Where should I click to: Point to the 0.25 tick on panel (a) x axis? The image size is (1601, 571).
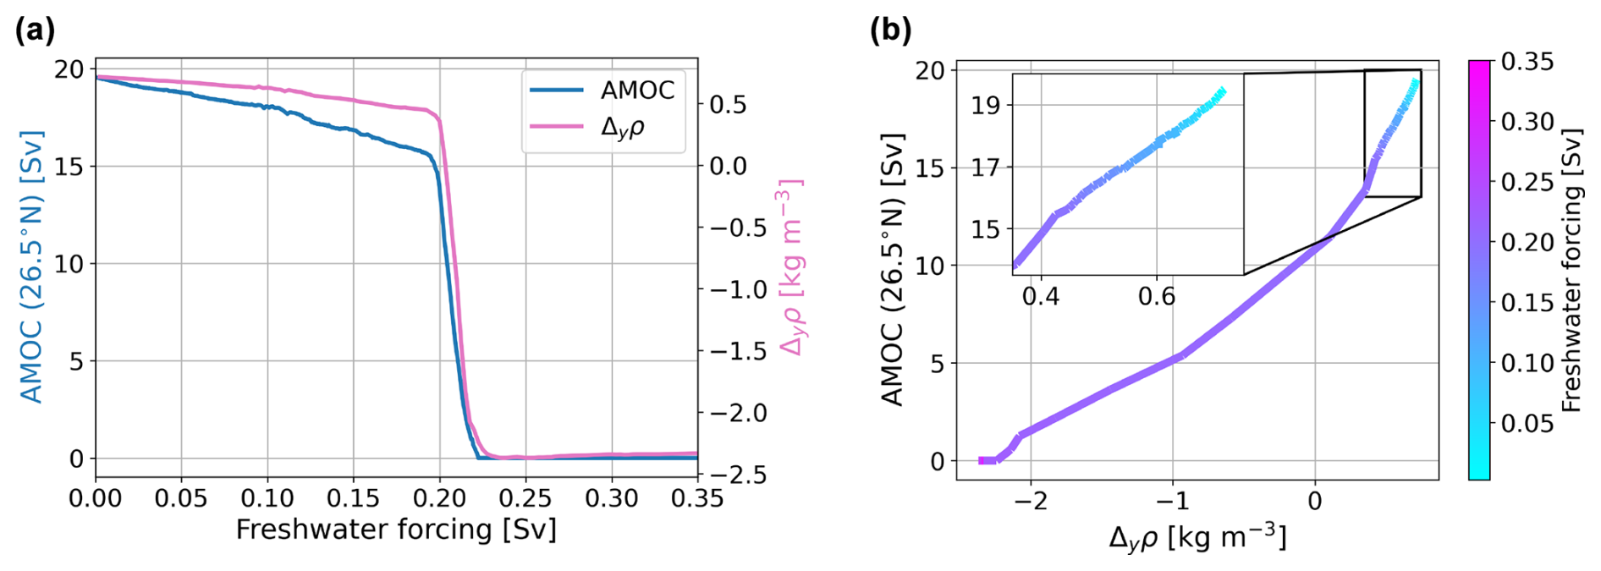point(525,499)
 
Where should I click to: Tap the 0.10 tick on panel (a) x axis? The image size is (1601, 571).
point(267,499)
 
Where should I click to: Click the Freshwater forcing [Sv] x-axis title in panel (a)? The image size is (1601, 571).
point(396,530)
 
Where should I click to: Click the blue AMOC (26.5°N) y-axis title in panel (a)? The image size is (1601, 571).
point(31,266)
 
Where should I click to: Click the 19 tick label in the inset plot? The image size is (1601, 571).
point(985,106)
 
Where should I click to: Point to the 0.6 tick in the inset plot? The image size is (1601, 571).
point(1156,298)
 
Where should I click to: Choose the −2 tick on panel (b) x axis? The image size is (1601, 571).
point(1031,502)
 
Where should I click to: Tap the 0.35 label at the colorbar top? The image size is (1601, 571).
point(1527,62)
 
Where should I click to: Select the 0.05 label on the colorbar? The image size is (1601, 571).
point(1527,423)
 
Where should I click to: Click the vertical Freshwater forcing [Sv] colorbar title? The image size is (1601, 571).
point(1572,271)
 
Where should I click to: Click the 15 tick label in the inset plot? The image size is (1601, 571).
point(985,230)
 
